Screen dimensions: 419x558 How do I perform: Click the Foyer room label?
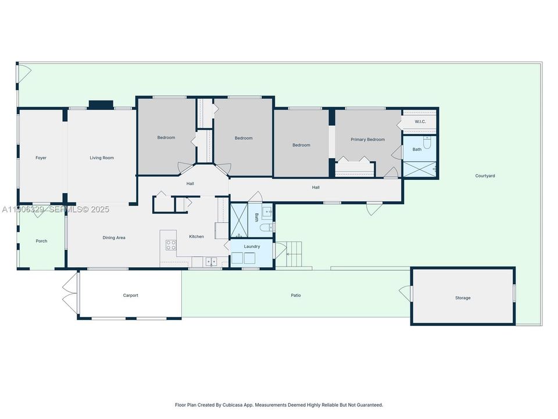[x=41, y=158]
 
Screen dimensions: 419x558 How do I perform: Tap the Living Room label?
[x=101, y=158]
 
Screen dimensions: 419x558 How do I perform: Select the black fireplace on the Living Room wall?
[x=101, y=105]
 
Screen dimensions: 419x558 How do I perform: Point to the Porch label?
[x=41, y=241]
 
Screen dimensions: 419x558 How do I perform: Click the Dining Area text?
[x=114, y=237]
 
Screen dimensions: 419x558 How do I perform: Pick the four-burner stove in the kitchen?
[x=171, y=245]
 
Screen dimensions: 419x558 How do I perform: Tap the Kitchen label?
[x=196, y=237]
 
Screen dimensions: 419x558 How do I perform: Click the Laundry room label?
[x=252, y=247]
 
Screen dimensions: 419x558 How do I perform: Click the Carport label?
[x=130, y=296]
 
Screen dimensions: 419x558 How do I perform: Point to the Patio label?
[x=296, y=296]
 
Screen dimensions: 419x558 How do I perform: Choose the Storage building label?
[x=463, y=298]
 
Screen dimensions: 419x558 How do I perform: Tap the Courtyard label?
[x=485, y=176]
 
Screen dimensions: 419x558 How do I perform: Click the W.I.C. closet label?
[x=420, y=122]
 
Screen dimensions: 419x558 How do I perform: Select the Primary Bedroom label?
[x=367, y=140]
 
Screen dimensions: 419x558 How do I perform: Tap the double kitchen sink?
[x=210, y=261]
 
